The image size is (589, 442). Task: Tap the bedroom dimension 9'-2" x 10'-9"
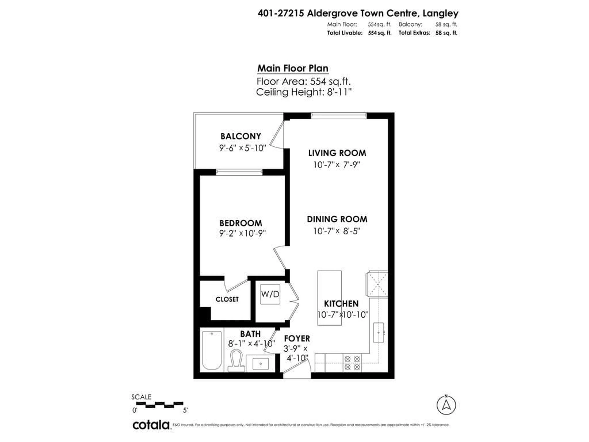[x=242, y=233]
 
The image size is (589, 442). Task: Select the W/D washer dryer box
[x=270, y=294]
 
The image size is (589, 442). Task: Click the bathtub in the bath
[x=212, y=350]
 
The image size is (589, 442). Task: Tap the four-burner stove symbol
[x=352, y=363]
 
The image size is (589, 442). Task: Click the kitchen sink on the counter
[x=378, y=332]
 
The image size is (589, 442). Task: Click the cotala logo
[x=151, y=425]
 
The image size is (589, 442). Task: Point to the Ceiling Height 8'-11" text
[x=304, y=92]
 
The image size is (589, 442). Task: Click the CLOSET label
[x=227, y=299]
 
